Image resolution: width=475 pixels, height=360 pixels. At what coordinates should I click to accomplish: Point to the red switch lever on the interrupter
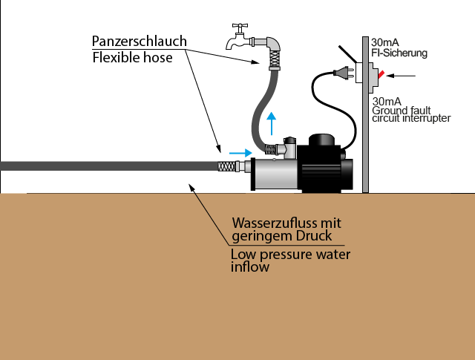click(380, 75)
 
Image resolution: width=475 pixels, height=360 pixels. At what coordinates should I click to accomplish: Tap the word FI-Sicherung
click(401, 54)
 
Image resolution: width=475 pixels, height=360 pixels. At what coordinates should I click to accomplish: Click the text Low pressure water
click(290, 255)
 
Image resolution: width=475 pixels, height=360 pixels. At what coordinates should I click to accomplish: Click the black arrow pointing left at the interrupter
click(404, 75)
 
